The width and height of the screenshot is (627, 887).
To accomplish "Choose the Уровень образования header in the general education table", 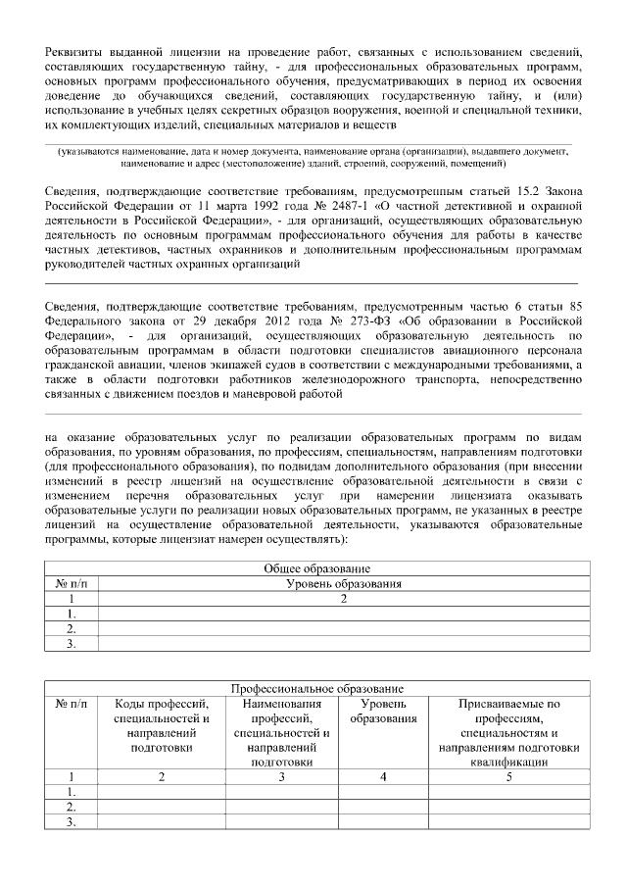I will point(344,583).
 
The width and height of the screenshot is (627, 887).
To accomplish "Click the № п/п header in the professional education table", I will point(72,704).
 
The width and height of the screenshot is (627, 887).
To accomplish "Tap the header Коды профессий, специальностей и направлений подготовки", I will point(163,725).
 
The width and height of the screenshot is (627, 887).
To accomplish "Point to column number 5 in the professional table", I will point(508,776).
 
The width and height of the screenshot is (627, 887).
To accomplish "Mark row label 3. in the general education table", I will point(72,644).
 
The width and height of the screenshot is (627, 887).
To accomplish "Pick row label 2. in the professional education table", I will point(72,807).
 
